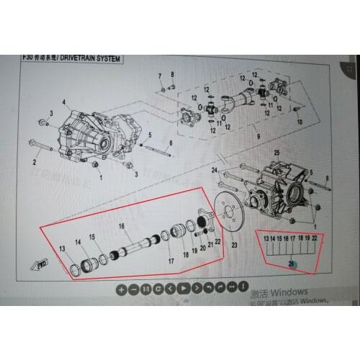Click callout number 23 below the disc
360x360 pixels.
pyautogui.click(x=233, y=246)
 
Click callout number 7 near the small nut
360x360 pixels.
pyautogui.click(x=159, y=75)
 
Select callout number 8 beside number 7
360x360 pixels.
pyautogui.click(x=174, y=75)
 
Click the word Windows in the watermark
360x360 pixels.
pyautogui.click(x=290, y=292)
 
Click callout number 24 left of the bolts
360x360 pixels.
pyautogui.click(x=215, y=170)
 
